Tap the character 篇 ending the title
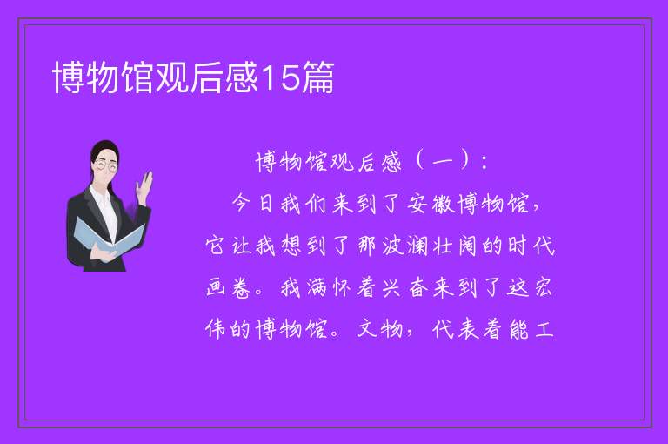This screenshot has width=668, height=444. click(317, 77)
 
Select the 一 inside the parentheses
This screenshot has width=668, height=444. click(442, 163)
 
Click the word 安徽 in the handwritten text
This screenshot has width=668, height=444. click(431, 204)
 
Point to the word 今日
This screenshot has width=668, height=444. click(253, 203)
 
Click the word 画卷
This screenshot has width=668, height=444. click(228, 287)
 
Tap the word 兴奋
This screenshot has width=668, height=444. click(404, 287)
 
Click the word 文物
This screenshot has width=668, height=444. click(380, 329)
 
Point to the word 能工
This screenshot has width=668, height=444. click(531, 329)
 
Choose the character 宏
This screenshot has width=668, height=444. click(543, 287)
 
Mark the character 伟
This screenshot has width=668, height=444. click(215, 329)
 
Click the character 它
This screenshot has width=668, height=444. click(215, 246)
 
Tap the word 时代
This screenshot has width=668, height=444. click(531, 246)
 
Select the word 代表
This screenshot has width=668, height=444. click(456, 329)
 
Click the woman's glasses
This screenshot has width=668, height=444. click(106, 165)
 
